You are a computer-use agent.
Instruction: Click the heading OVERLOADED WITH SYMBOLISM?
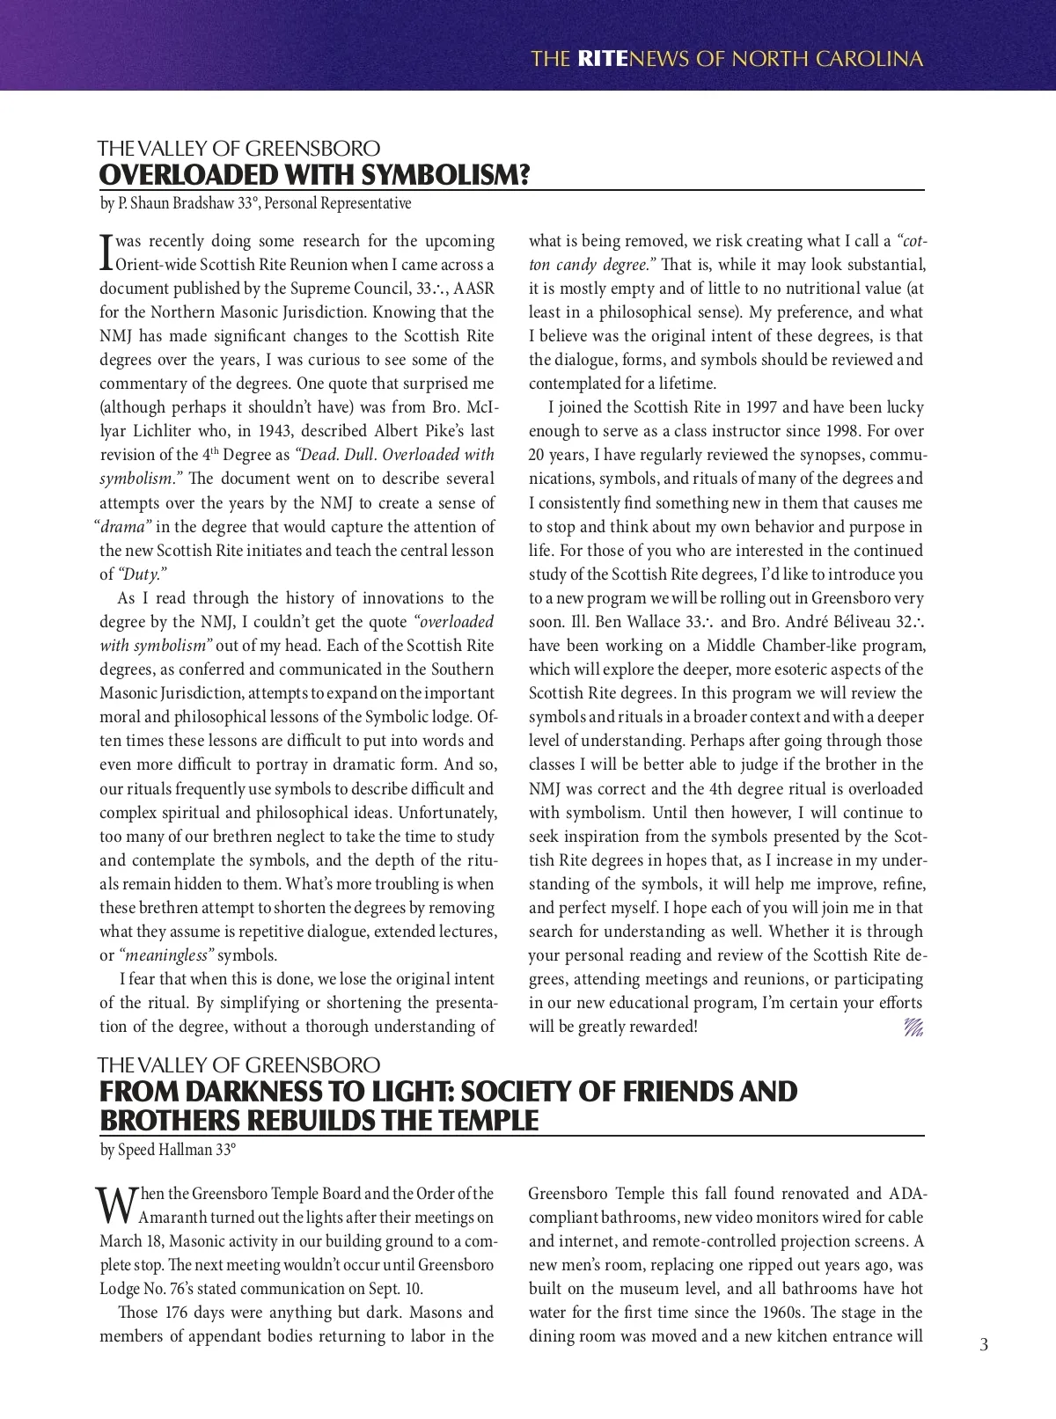[314, 175]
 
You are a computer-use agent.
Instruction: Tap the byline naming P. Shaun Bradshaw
[255, 204]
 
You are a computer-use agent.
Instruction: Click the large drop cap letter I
[106, 252]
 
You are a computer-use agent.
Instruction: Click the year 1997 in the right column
[763, 407]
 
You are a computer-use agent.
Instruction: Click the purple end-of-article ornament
[913, 1027]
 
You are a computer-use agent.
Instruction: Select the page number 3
[984, 1344]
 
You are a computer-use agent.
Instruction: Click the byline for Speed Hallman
[168, 1150]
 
